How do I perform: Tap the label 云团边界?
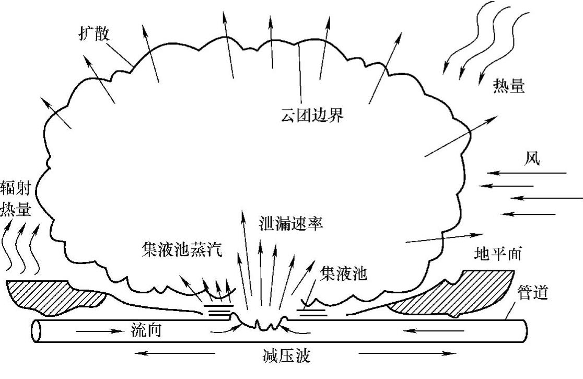tap(312, 116)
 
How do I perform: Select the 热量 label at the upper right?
tap(508, 86)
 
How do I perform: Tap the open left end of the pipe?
tap(37, 331)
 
